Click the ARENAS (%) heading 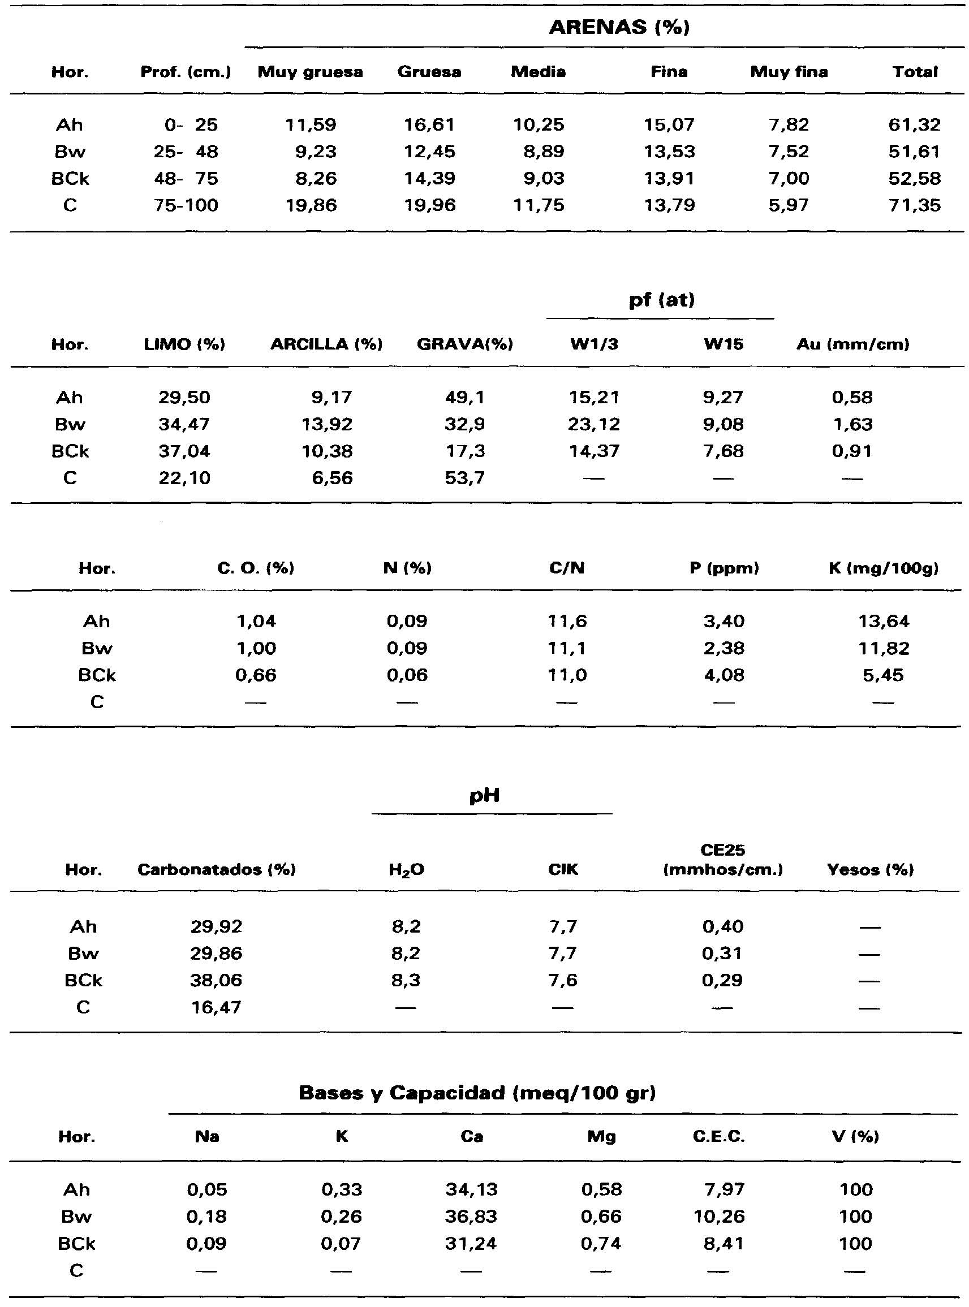619,27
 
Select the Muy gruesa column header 311,72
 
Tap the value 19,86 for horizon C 311,205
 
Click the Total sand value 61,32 915,125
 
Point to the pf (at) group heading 661,300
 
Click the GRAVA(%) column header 464,344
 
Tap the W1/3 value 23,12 593,425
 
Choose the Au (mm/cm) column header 852,344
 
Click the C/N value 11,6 567,621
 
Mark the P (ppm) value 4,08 724,675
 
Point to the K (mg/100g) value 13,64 884,621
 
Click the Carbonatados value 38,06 216,981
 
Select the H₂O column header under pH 406,870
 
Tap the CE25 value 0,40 722,926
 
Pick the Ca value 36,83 471,1217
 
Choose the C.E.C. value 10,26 719,1217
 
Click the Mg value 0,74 601,1244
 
